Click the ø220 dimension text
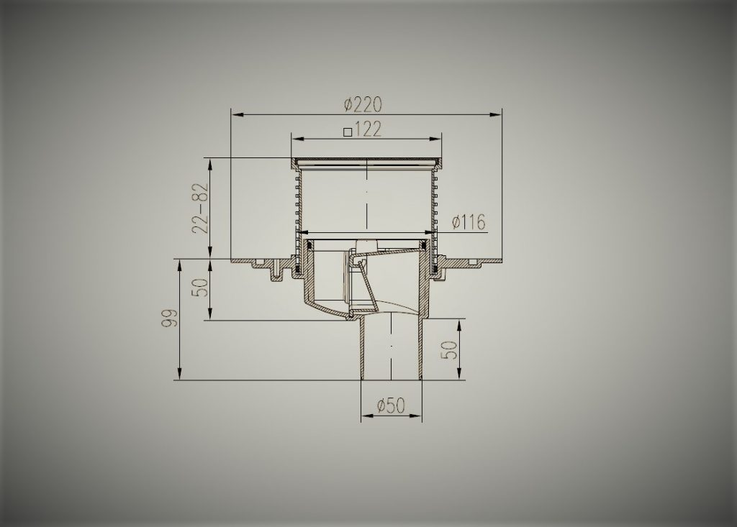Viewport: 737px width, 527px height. (363, 105)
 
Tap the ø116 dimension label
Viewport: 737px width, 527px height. (469, 222)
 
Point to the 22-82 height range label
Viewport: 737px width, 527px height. (199, 208)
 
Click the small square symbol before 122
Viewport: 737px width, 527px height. (348, 132)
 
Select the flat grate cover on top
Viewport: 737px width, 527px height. (367, 160)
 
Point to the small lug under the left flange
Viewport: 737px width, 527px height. (274, 274)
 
